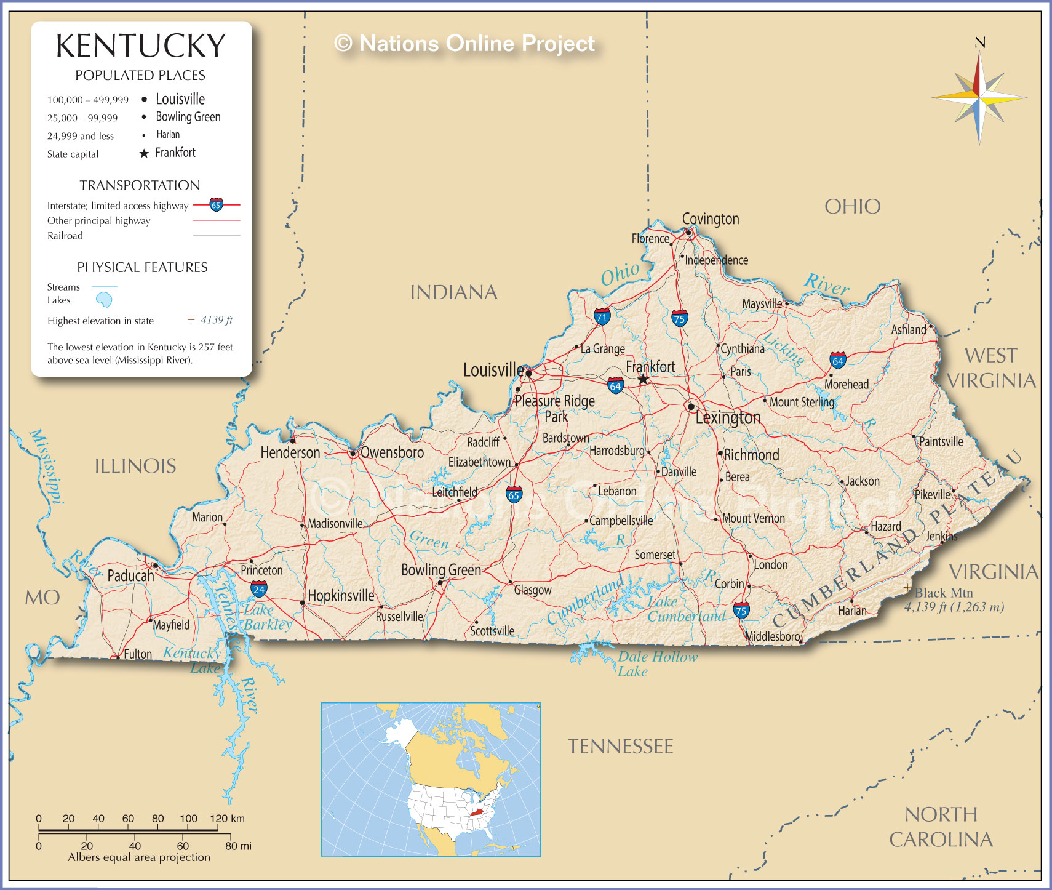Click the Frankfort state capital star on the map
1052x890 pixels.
643,380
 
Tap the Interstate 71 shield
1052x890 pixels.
602,317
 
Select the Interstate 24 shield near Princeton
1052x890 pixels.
259,589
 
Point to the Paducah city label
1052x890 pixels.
130,576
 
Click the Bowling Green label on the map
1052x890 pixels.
440,570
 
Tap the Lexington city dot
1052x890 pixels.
691,407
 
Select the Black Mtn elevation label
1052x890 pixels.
944,593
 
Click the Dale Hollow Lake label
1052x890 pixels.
657,663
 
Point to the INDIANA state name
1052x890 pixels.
453,292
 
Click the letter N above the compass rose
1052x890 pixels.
980,42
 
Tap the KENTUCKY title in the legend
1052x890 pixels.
141,46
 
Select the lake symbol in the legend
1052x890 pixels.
104,300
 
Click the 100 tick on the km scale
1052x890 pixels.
188,819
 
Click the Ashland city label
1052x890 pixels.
909,330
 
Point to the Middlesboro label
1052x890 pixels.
772,636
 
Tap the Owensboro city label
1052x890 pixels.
392,452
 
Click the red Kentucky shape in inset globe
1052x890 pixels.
476,812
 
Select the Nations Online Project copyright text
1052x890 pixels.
464,44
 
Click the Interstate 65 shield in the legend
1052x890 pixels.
216,205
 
